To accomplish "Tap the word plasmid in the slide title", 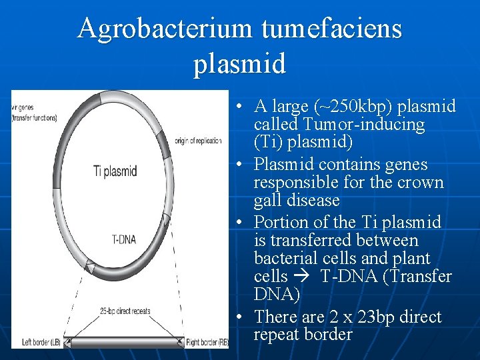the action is (x=240, y=64).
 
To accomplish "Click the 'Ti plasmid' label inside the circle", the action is (x=115, y=171).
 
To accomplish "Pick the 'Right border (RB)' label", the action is (x=207, y=343).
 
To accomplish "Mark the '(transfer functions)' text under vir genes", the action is (x=35, y=118).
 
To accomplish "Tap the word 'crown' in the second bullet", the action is (x=420, y=183).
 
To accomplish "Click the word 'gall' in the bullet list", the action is (x=268, y=201).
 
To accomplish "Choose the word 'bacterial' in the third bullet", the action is (x=287, y=259).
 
